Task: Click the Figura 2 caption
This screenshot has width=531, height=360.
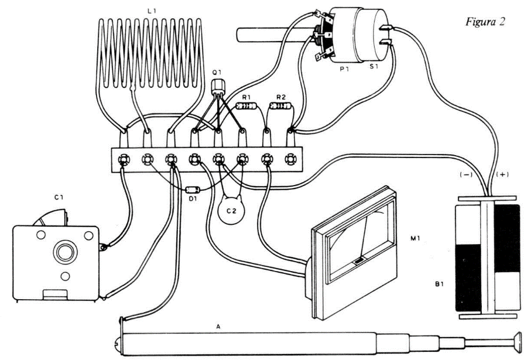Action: click(485, 22)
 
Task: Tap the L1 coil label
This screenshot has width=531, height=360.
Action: click(152, 11)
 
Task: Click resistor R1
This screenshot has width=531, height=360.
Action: click(246, 107)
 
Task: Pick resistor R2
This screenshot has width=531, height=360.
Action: click(280, 106)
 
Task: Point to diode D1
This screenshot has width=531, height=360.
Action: click(193, 190)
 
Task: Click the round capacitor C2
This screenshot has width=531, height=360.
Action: click(232, 210)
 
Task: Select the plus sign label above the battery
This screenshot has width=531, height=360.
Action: click(502, 174)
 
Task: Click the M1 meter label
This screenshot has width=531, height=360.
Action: click(416, 238)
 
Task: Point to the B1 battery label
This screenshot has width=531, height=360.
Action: click(439, 284)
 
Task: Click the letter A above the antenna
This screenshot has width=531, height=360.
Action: click(218, 327)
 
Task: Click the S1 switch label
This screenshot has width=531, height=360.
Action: click(374, 67)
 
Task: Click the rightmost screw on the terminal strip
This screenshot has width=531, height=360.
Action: click(290, 159)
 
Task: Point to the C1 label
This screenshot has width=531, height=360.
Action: click(59, 197)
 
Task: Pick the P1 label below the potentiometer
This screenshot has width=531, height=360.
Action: click(345, 69)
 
